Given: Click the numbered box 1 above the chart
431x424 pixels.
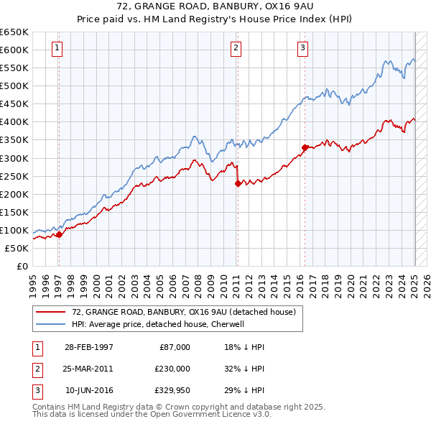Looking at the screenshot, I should pos(57,48).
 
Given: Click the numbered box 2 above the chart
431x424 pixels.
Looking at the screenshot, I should pos(236,48).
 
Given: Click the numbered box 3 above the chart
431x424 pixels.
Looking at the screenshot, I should pos(302,48).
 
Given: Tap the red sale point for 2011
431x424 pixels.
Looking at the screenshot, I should pos(238,183).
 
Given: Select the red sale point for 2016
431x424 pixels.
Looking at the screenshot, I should pos(305,147).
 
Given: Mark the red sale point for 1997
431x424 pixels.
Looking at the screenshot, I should pos(59,234).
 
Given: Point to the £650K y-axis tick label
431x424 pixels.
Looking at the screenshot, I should pos(14,32).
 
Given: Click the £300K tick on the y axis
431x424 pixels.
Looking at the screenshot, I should pos(14,158).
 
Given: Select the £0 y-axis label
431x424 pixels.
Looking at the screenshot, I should pos(21,266).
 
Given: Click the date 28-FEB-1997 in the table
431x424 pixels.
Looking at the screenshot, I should pos(88,346).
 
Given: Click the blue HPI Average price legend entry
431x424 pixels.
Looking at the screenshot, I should pos(158,324).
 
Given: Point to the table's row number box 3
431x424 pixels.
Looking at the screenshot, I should pos(35,390).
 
